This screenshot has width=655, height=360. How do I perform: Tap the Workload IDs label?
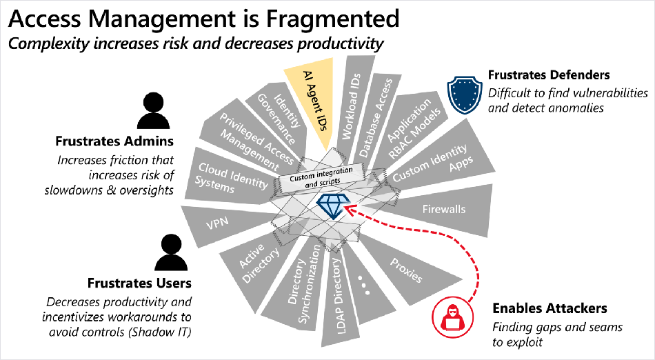pyautogui.click(x=351, y=106)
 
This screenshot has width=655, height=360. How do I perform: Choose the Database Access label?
pyautogui.click(x=376, y=118)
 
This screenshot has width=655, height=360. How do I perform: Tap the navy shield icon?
pyautogui.click(x=465, y=94)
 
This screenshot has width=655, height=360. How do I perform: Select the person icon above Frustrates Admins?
pyautogui.click(x=153, y=110)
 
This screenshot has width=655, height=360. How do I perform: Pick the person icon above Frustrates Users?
pyautogui.click(x=171, y=252)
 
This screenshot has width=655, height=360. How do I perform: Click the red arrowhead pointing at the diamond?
pyautogui.click(x=352, y=208)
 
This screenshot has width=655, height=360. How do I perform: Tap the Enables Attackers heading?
pyautogui.click(x=550, y=308)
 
